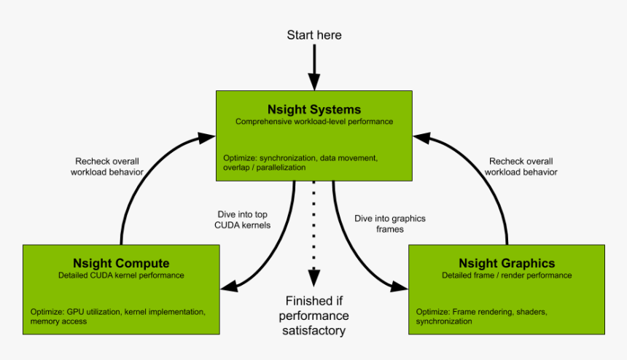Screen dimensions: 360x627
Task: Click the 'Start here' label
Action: pyautogui.click(x=313, y=35)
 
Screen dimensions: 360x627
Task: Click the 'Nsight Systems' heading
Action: pyautogui.click(x=313, y=110)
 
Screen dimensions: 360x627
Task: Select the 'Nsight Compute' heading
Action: pyautogui.click(x=121, y=263)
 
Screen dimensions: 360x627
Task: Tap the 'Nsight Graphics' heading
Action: pyautogui.click(x=507, y=263)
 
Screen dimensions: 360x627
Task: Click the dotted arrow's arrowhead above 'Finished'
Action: pyautogui.click(x=313, y=278)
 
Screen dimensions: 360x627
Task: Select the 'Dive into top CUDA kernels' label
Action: pyautogui.click(x=242, y=219)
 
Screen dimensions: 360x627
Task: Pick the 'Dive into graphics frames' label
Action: pyautogui.click(x=389, y=223)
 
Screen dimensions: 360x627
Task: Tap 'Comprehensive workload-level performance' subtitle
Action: pyautogui.click(x=313, y=122)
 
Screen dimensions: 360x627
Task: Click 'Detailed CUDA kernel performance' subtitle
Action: pyautogui.click(x=121, y=275)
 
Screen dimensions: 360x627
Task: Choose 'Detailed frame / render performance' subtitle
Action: pyautogui.click(x=507, y=275)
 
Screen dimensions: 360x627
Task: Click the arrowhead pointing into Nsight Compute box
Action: pyautogui.click(x=228, y=286)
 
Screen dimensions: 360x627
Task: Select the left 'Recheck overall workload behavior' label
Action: pyautogui.click(x=107, y=166)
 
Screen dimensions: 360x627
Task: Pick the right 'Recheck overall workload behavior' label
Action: pyautogui.click(x=523, y=166)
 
